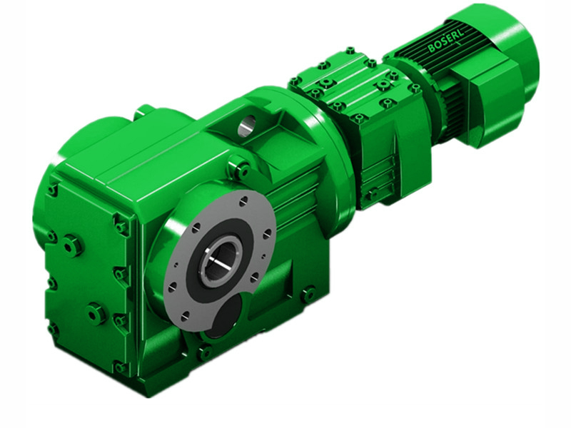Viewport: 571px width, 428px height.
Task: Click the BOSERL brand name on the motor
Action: pyautogui.click(x=447, y=44)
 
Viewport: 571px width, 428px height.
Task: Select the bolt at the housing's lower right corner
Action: pyautogui.click(x=308, y=293)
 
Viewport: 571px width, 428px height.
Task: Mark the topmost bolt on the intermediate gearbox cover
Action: pyautogui.click(x=350, y=51)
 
